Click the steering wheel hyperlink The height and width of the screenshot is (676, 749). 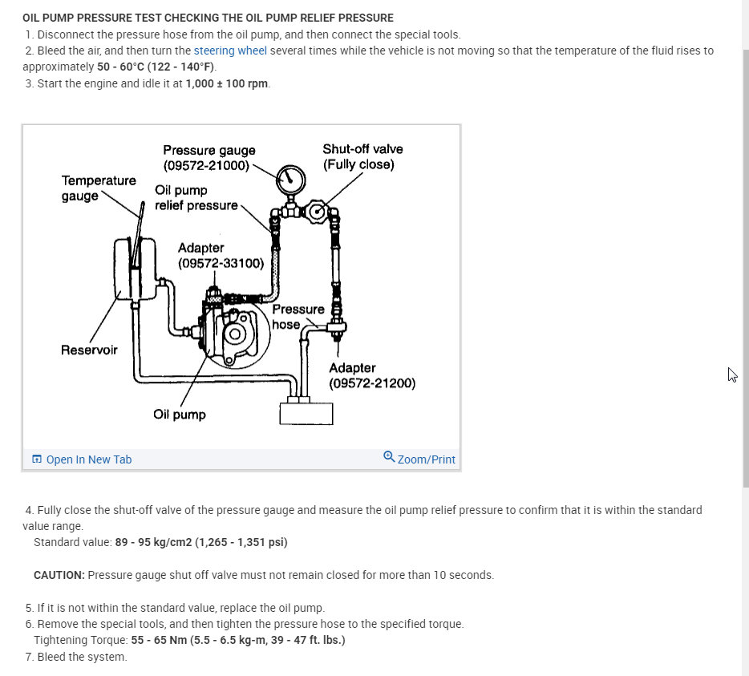[x=230, y=51]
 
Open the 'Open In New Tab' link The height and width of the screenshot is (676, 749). [x=88, y=459]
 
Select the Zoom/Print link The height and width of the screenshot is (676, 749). [x=426, y=459]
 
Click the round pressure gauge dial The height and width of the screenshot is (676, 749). [x=289, y=179]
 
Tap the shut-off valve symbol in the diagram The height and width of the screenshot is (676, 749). [x=319, y=212]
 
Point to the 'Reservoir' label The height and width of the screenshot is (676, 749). [x=89, y=350]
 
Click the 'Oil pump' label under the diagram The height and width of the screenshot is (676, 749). [x=180, y=415]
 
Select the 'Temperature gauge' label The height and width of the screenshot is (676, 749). [x=99, y=188]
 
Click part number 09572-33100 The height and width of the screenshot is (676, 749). [x=221, y=263]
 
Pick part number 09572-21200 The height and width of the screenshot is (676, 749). [x=372, y=383]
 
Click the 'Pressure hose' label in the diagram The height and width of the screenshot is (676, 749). [x=298, y=317]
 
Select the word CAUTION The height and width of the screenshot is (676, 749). [x=59, y=575]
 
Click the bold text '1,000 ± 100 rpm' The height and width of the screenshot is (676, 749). [x=227, y=83]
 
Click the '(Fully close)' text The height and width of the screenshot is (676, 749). [x=358, y=164]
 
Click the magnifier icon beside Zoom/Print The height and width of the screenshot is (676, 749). [x=389, y=457]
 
